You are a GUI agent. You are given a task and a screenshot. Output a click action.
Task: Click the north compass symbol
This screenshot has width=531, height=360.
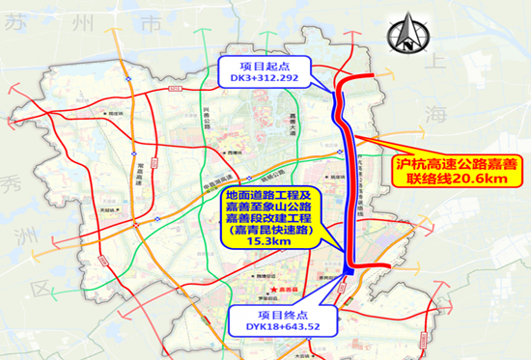(410, 37)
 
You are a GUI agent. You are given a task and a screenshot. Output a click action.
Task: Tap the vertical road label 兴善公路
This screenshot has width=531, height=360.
(209, 128)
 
